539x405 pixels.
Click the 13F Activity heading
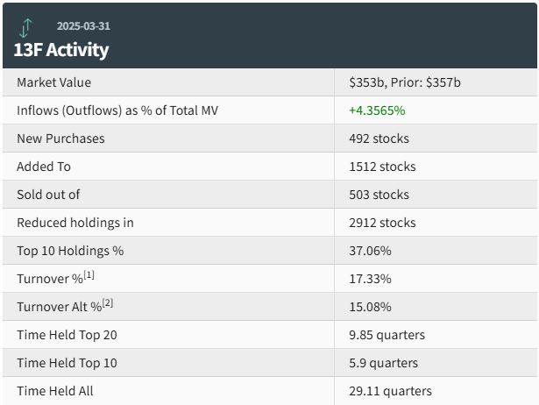[x=61, y=50]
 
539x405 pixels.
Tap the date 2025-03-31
[x=83, y=26]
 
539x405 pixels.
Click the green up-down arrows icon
[x=25, y=28]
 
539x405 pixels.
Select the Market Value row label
[x=54, y=82]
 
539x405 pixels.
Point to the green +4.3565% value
[x=377, y=110]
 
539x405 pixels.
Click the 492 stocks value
[x=379, y=139]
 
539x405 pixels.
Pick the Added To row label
[x=44, y=167]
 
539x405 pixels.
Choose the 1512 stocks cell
[x=382, y=167]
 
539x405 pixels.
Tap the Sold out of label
[x=48, y=195]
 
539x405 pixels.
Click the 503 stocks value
[x=379, y=195]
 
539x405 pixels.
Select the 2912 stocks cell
[x=382, y=223]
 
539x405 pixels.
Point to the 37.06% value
[x=370, y=251]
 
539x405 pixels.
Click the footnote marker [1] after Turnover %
[x=89, y=275]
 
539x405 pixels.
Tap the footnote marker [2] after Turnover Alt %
[x=108, y=303]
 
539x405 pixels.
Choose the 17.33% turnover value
[x=370, y=279]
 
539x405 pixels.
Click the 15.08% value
[x=370, y=307]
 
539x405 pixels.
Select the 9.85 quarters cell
[x=387, y=335]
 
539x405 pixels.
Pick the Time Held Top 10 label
[x=67, y=363]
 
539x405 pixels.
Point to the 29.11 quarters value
[x=391, y=391]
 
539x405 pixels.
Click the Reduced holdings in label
[x=75, y=223]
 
